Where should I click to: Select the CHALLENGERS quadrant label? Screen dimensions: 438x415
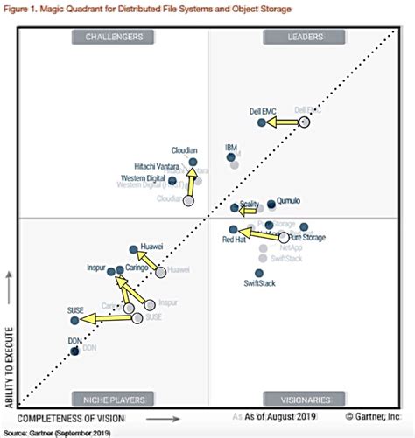[x=115, y=37]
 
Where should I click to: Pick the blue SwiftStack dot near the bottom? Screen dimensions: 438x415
[x=257, y=273]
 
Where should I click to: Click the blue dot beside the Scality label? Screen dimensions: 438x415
[x=235, y=208]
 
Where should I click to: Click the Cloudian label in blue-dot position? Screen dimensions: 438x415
[x=184, y=150]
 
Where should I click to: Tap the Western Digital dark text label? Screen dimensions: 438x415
[x=143, y=178]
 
